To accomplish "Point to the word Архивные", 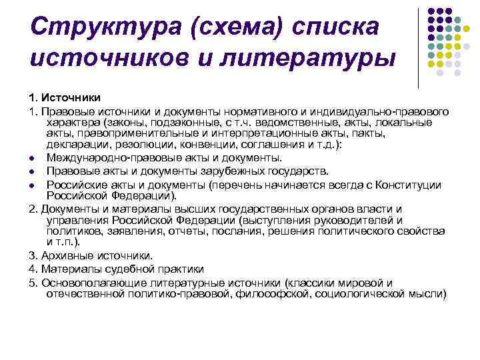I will click(70, 255).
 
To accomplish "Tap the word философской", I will click(279, 293).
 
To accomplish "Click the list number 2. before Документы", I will click(33, 209).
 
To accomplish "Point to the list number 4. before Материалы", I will click(33, 269).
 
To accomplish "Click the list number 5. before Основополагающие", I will click(33, 282).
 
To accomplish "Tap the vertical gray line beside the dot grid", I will click(418, 47).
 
